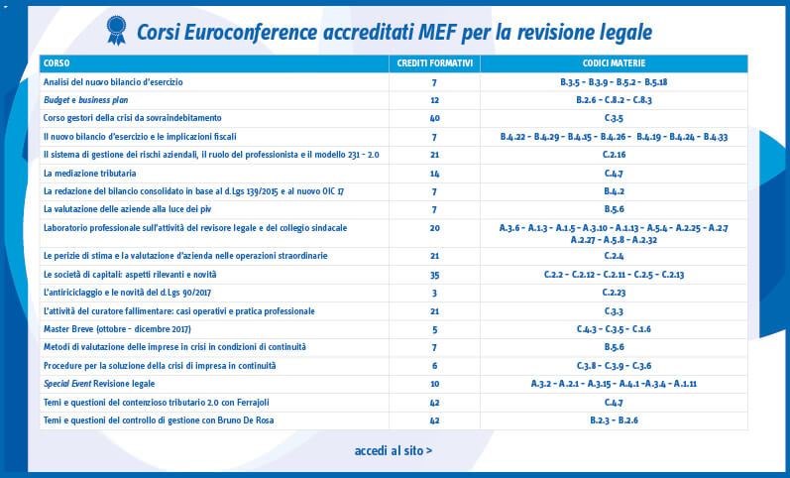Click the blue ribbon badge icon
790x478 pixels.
tap(117, 31)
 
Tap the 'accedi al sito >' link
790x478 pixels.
tap(394, 451)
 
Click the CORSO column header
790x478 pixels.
tap(56, 63)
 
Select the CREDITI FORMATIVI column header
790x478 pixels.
tap(434, 63)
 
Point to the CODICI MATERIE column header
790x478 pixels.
tap(614, 63)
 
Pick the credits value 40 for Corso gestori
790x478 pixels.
tap(434, 118)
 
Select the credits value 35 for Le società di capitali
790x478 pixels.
tap(434, 274)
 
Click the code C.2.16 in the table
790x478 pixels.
tap(614, 155)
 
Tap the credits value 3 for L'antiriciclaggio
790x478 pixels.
tap(434, 293)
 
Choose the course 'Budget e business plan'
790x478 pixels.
tap(88, 100)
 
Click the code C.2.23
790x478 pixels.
tap(614, 293)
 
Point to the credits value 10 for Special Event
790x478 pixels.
tap(434, 384)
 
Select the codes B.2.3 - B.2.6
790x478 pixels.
tap(614, 420)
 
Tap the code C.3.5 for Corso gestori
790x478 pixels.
tap(614, 118)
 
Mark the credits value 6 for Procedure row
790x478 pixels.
tap(434, 366)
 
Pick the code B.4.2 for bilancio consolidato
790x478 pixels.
tap(614, 191)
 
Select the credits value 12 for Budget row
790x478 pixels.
tap(434, 100)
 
